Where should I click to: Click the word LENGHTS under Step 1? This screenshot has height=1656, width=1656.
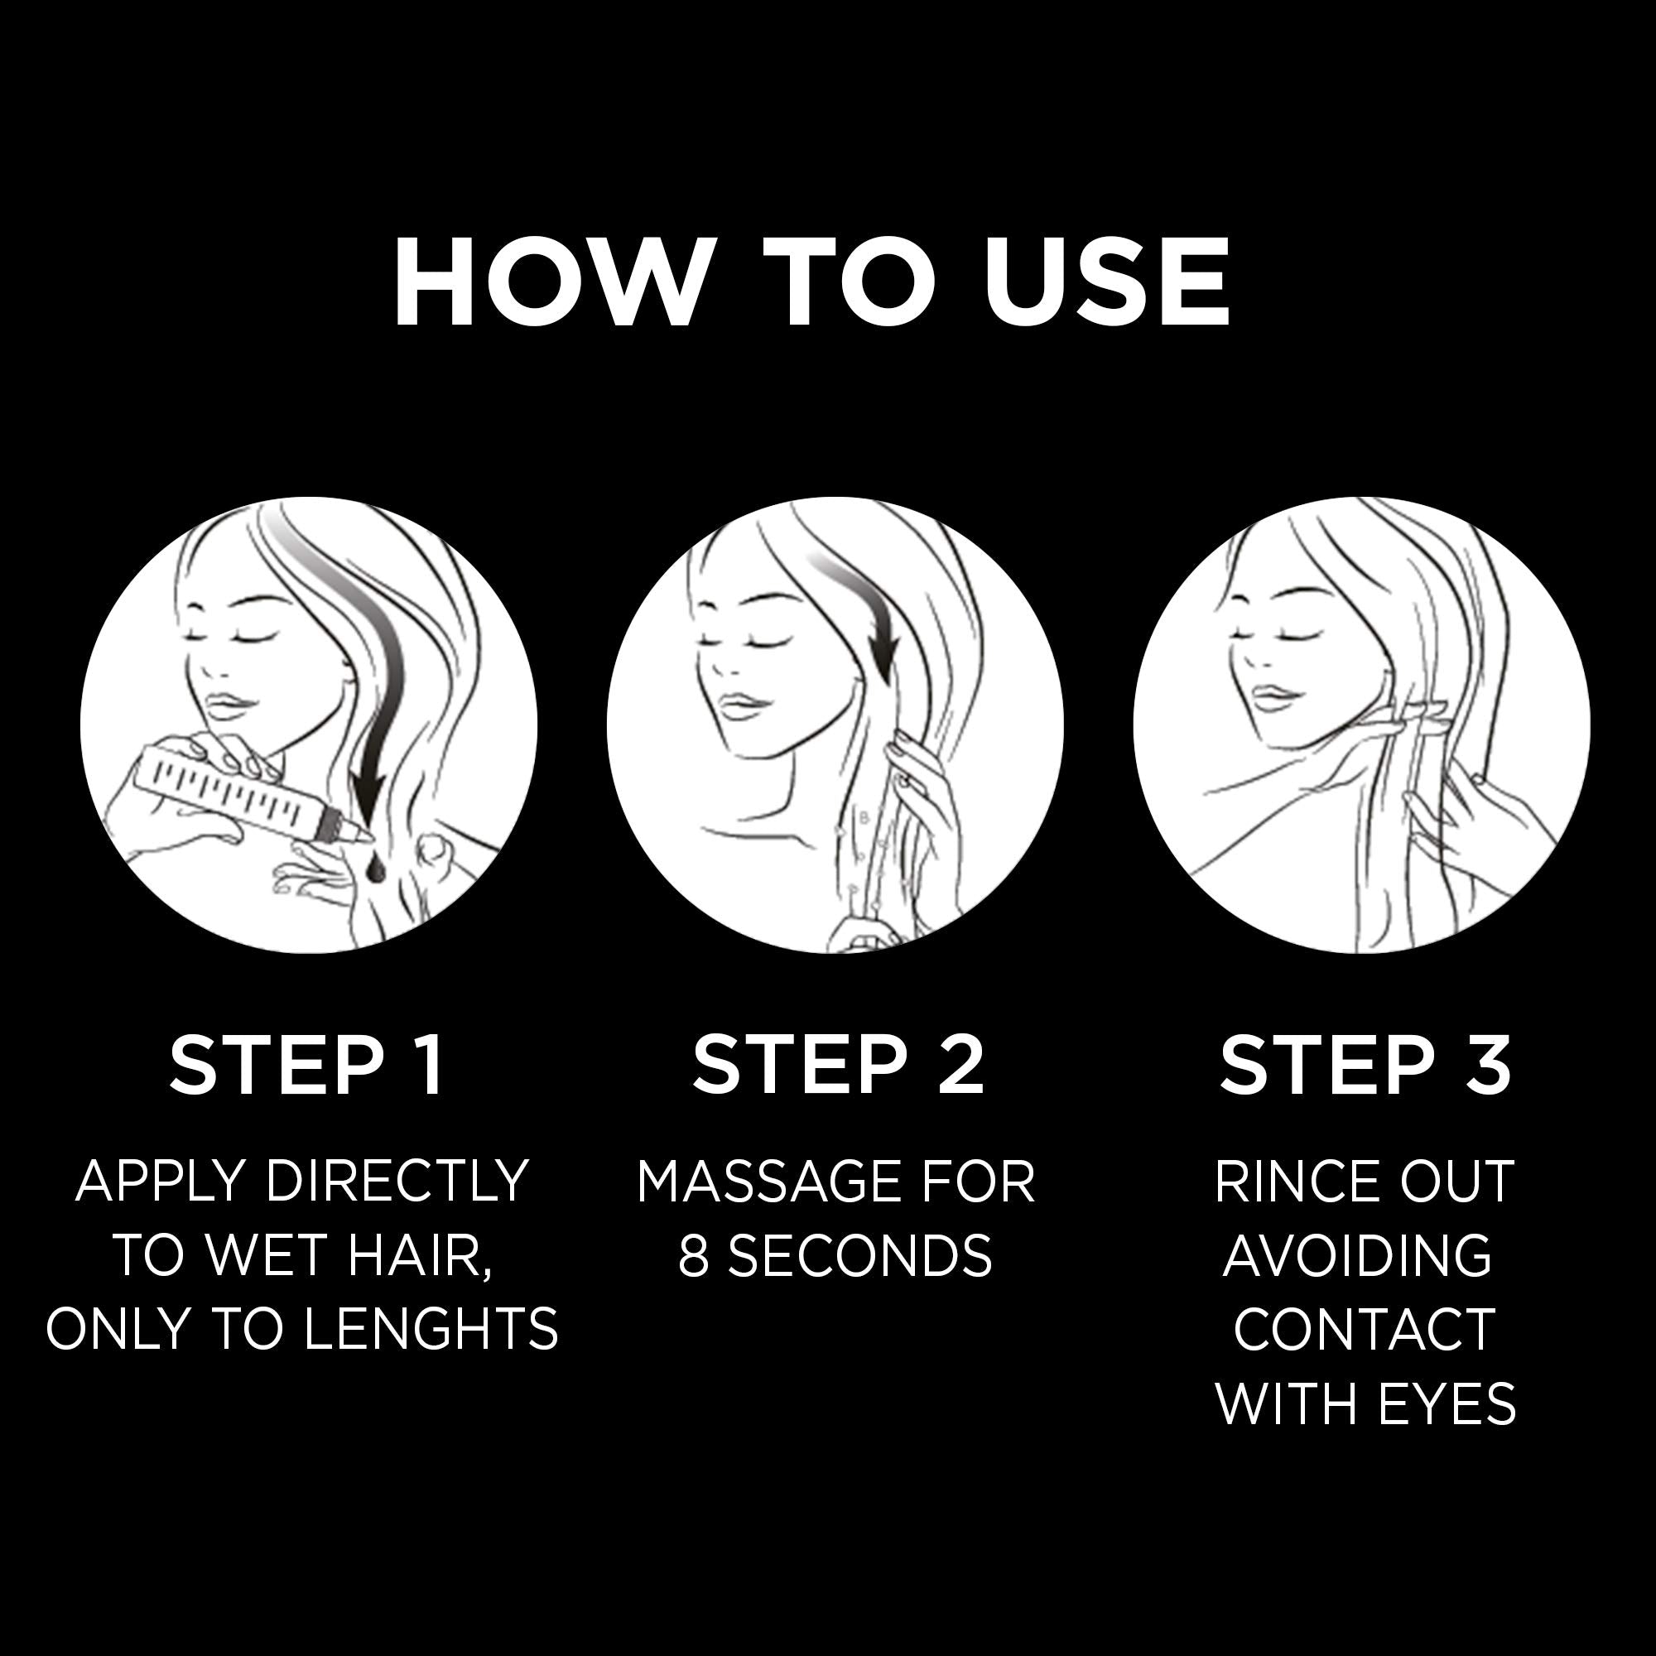coord(431,1330)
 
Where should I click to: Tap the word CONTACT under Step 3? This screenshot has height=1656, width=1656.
coord(1365,1330)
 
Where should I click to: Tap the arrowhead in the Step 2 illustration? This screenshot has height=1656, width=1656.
coord(885,660)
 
